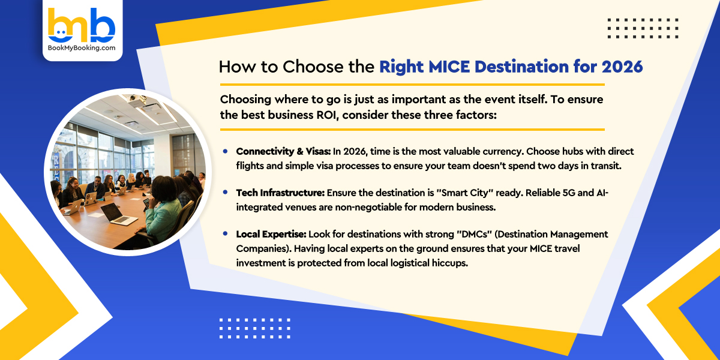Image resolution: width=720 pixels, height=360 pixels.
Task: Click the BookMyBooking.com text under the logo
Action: [x=82, y=47]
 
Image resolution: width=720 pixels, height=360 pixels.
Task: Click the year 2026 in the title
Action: [x=622, y=66]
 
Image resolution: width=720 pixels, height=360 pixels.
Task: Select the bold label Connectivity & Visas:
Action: [x=282, y=151]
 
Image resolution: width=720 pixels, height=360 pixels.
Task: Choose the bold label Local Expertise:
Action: [x=271, y=234]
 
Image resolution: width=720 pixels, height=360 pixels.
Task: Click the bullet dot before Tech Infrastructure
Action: [x=225, y=193]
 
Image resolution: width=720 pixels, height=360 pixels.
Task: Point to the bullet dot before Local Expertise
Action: [x=225, y=234]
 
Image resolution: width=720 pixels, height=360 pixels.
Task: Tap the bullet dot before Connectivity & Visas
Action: [x=225, y=151]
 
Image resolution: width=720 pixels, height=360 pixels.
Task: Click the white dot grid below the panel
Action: [x=254, y=328]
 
